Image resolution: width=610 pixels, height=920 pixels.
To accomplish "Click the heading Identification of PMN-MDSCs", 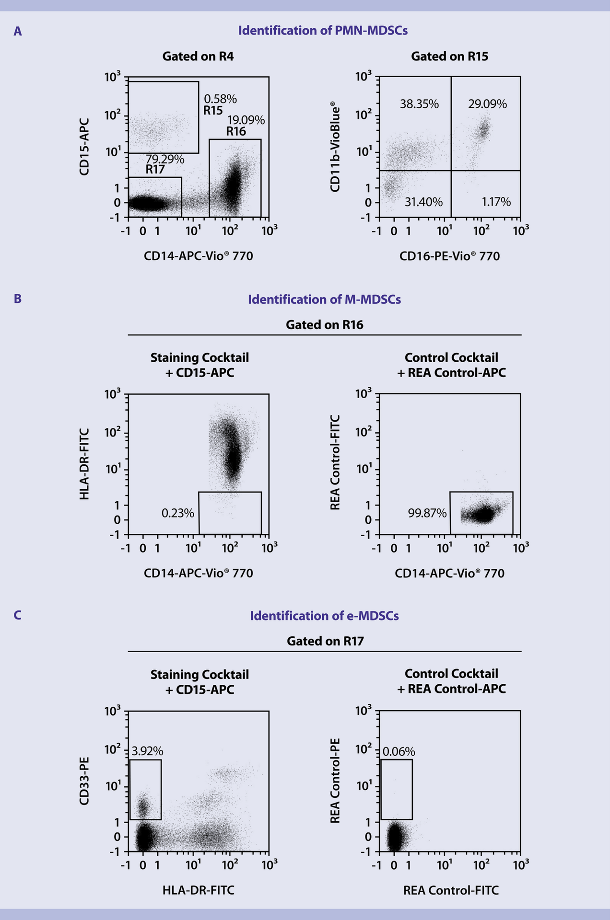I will [323, 31].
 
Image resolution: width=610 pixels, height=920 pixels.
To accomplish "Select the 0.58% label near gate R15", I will [220, 99].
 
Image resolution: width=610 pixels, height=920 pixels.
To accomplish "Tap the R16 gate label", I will [236, 132].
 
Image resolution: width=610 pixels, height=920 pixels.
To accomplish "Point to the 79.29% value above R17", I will [165, 160].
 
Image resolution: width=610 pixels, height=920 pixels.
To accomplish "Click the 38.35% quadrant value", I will [419, 104].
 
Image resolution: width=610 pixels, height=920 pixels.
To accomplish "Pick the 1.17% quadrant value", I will [496, 202].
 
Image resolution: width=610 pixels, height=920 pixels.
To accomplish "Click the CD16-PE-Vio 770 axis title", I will [449, 256].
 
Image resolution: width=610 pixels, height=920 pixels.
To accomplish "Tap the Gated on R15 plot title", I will [449, 57].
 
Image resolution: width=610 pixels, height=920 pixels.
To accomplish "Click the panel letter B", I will [18, 299].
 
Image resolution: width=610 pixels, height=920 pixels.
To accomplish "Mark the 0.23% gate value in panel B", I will [177, 513].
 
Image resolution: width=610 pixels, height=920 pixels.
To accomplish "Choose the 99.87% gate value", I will [427, 513].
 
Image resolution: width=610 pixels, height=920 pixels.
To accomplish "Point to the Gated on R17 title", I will [325, 641].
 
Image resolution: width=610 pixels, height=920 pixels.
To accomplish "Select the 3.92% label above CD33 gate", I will [147, 751].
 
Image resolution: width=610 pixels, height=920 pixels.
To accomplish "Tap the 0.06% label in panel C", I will [399, 751].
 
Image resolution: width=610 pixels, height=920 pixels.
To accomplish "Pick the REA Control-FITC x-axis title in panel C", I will [451, 890].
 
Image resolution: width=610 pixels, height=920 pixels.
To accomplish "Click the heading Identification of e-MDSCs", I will [324, 616].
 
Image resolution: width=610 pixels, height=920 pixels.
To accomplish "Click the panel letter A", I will [18, 32].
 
